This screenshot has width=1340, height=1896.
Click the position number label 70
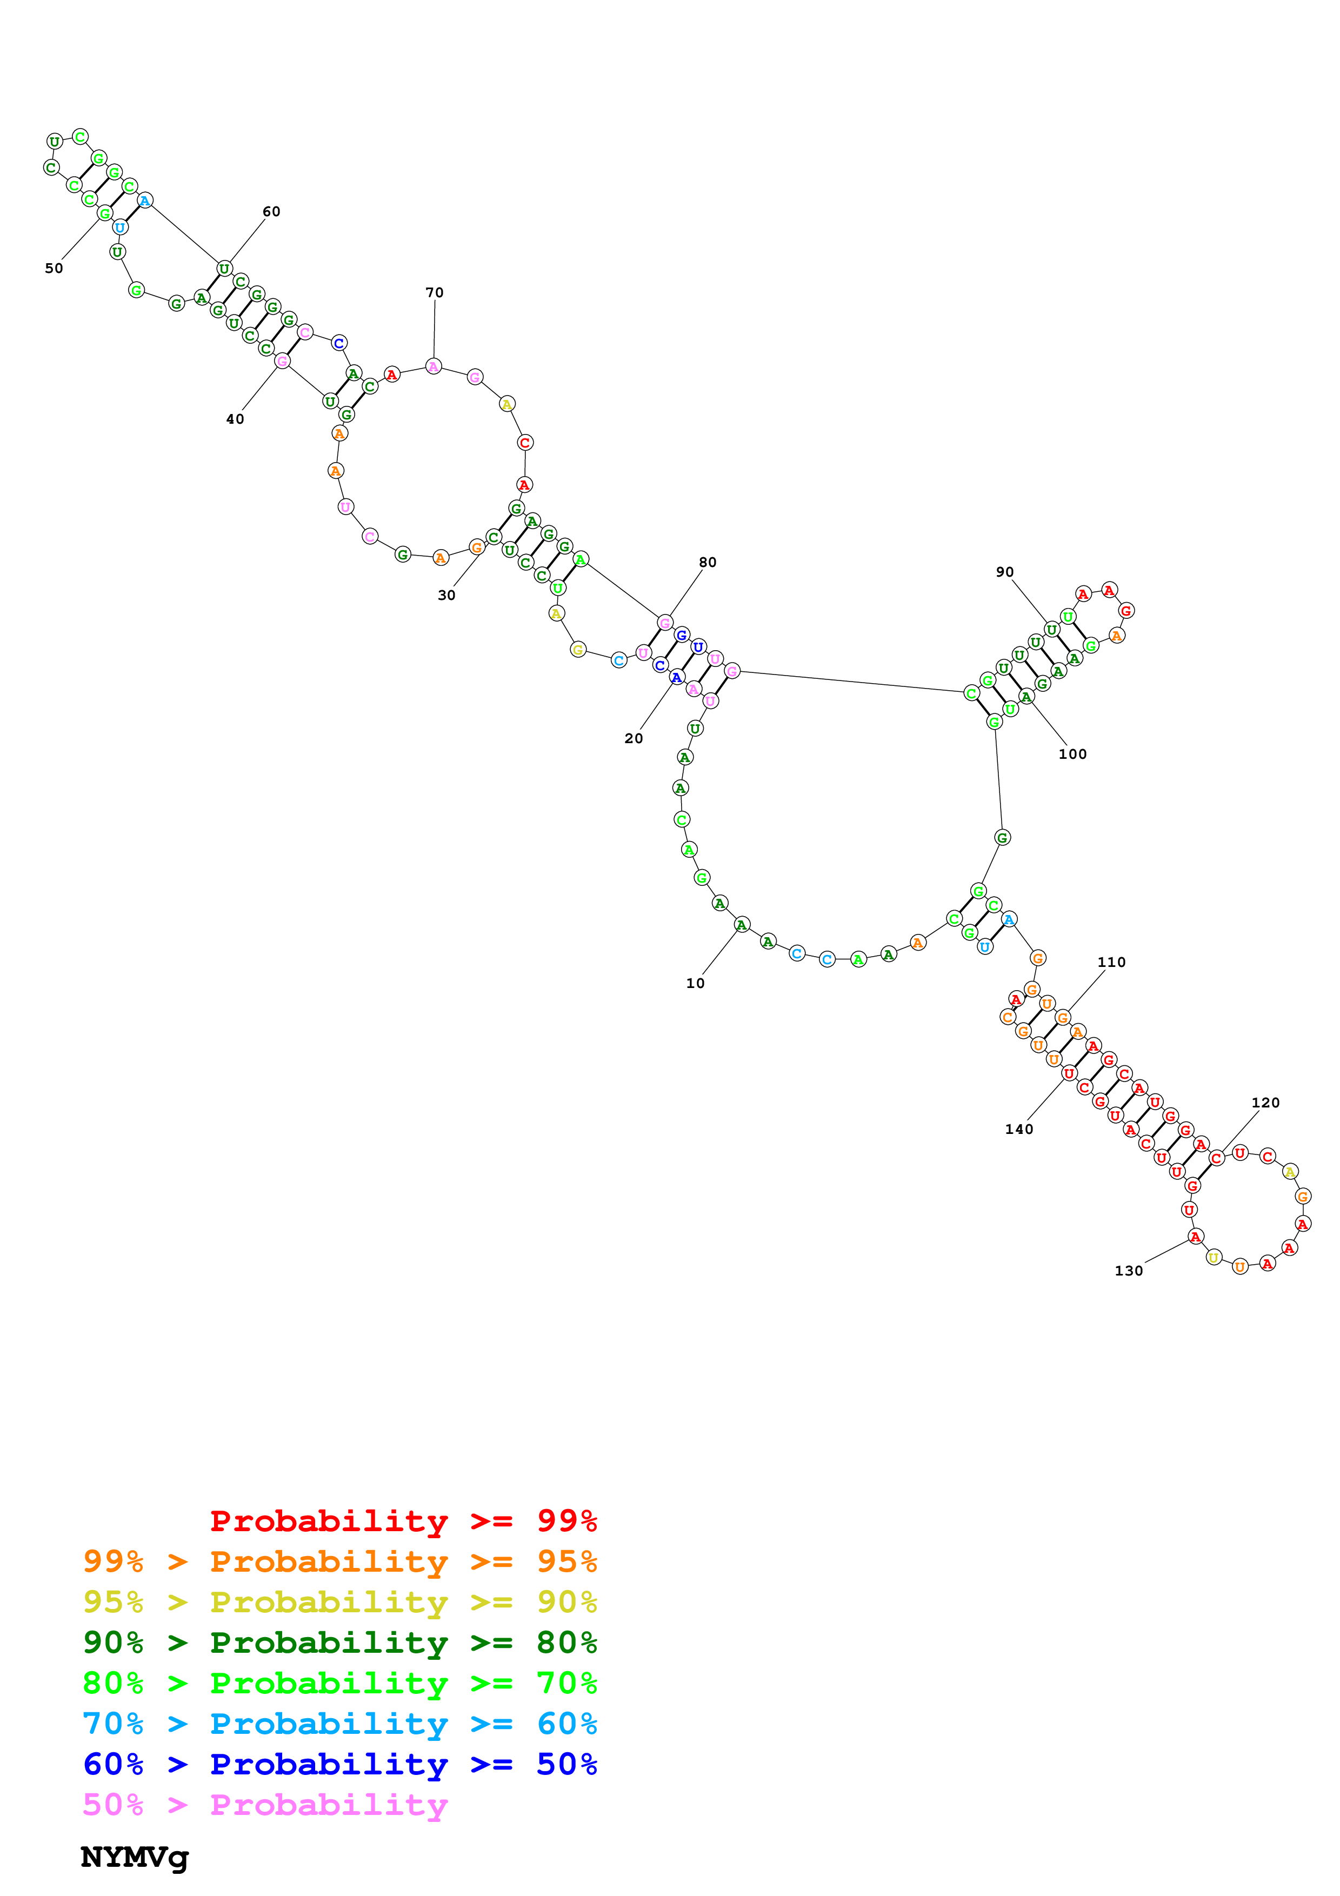pos(434,292)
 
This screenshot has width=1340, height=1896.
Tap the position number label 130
pos(1129,1271)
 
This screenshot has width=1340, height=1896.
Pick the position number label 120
pos(1265,1103)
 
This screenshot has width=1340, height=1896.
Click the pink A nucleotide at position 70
pos(434,366)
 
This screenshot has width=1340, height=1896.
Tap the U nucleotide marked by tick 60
pos(224,269)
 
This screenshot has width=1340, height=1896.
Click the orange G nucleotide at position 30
pos(476,546)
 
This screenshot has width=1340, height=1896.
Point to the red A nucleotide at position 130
pos(1195,1236)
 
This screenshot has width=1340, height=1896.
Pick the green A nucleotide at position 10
pos(742,925)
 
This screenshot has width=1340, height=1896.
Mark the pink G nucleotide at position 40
pos(282,361)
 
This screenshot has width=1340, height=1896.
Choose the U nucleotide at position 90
pos(1051,629)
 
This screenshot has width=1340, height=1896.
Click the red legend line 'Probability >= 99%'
pos(403,1521)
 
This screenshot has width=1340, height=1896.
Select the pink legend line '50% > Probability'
pos(265,1804)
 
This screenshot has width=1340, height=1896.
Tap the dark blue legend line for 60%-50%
pos(340,1764)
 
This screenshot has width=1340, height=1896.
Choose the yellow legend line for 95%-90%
pos(340,1602)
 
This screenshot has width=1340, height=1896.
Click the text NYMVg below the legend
pos(135,1857)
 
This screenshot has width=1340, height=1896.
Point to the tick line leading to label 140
pos(1044,1099)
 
